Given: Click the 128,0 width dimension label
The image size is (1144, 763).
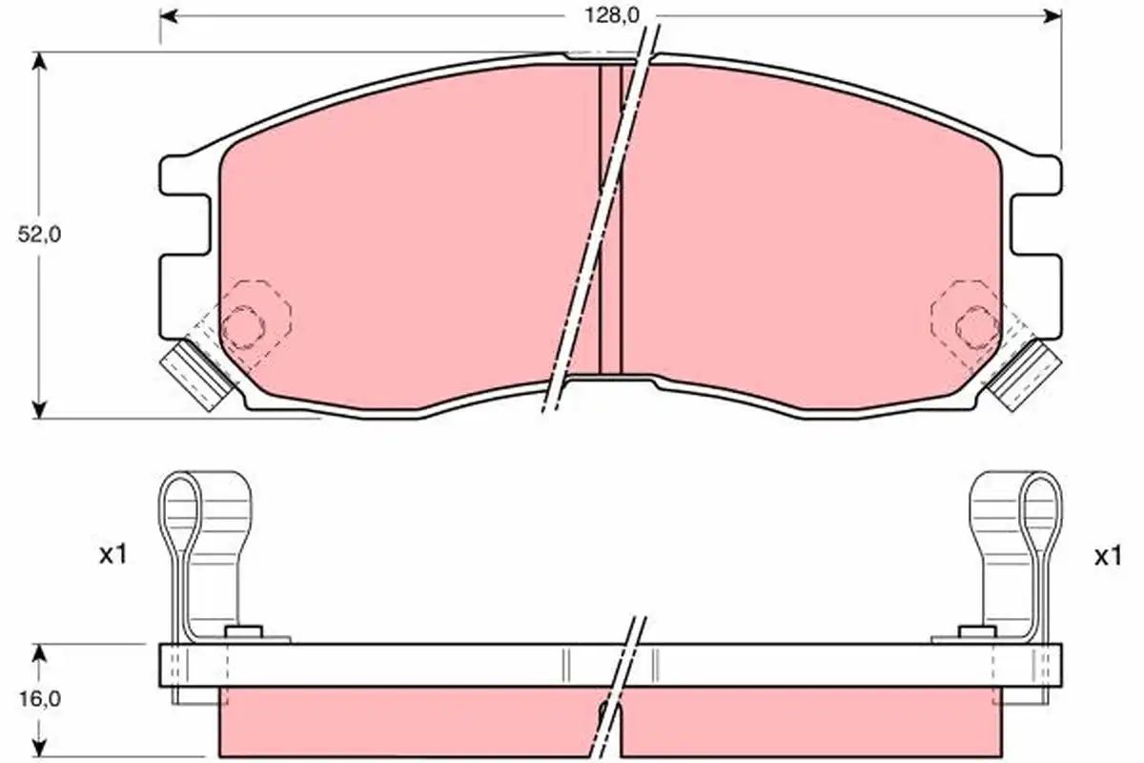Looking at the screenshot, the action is [611, 16].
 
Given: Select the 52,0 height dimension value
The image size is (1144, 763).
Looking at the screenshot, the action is [39, 234].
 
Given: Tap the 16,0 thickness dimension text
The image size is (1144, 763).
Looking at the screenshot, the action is [40, 698].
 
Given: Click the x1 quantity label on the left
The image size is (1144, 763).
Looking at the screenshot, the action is [112, 555].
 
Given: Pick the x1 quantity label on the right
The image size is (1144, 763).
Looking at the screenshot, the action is [1108, 557].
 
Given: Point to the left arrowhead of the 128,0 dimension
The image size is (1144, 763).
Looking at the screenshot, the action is [169, 16].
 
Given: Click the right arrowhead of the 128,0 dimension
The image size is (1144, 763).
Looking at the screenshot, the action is [1053, 16].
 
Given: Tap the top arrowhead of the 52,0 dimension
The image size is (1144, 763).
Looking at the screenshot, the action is [39, 61].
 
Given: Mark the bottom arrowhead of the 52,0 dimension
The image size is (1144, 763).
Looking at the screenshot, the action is [39, 409].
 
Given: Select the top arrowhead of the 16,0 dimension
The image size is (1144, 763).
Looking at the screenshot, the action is [39, 653].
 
